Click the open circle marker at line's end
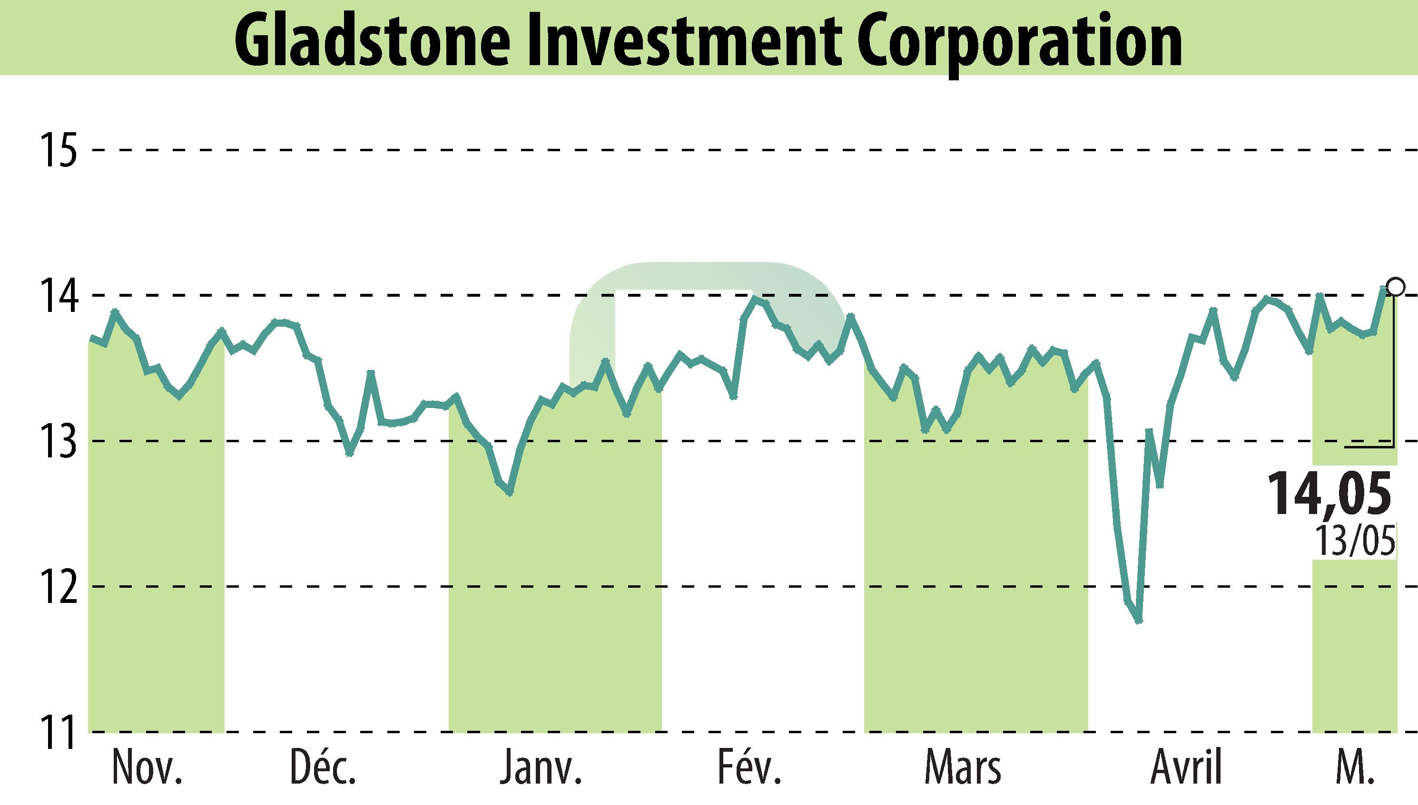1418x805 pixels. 1395,287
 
